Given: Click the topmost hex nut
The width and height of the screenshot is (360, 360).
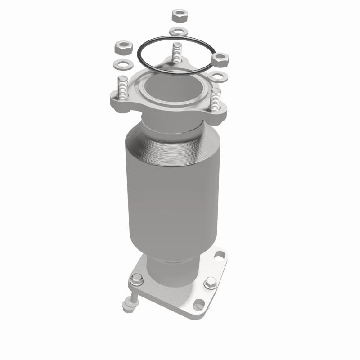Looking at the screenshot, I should tap(178, 15).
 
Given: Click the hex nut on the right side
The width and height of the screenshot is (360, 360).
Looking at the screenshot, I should tap(220, 58).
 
